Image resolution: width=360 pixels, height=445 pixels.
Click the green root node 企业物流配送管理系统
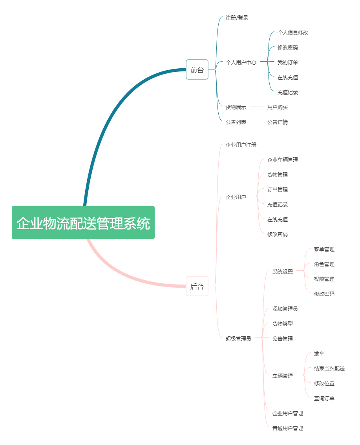[83, 222]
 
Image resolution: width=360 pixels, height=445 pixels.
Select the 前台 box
[197, 69]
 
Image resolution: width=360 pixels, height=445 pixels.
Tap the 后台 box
[197, 286]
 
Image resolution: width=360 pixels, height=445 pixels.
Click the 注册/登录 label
[237, 18]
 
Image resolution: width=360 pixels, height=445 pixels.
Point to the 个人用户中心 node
[241, 62]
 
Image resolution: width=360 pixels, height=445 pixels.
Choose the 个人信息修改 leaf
[292, 33]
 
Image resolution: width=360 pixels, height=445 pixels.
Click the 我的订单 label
[287, 62]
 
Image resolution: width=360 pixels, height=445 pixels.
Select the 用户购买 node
[277, 107]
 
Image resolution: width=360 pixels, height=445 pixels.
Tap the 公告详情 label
[277, 122]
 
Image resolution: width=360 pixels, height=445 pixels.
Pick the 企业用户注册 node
[241, 145]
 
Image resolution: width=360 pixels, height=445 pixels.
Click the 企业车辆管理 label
[282, 160]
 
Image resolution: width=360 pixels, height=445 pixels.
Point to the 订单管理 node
[277, 190]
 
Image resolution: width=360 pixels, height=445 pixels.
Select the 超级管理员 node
[238, 338]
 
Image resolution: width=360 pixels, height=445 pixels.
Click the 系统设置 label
[282, 272]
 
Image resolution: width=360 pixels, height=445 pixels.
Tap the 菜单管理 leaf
[324, 249]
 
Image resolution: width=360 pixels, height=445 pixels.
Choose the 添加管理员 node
[285, 309]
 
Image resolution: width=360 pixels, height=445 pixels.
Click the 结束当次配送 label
[329, 368]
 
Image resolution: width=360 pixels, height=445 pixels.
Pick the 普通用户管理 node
[287, 428]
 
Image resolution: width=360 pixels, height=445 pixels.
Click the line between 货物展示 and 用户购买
[257, 106]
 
